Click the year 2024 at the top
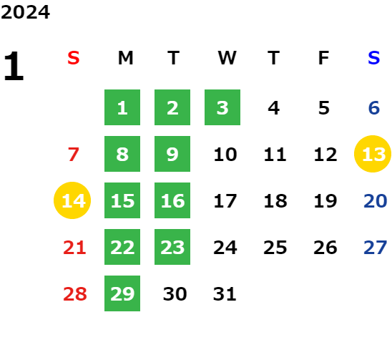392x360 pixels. point(25,12)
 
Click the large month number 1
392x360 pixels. point(14,66)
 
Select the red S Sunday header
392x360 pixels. point(74,58)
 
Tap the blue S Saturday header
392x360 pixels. point(374,58)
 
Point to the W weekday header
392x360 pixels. point(227,58)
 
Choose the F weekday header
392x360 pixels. point(324,58)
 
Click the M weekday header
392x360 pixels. point(125,58)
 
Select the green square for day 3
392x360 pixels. point(222,107)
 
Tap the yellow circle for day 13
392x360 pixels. point(373,154)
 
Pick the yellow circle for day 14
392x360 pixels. point(72,200)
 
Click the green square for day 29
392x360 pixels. point(122,293)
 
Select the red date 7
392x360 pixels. point(74,154)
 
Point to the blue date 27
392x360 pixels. point(376,248)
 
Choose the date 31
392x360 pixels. point(225,294)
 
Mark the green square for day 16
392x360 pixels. point(172,200)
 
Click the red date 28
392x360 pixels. point(75,294)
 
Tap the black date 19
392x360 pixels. point(325,201)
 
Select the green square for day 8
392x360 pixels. point(122,154)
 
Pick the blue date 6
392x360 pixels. point(374,108)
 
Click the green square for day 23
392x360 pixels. point(172,247)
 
